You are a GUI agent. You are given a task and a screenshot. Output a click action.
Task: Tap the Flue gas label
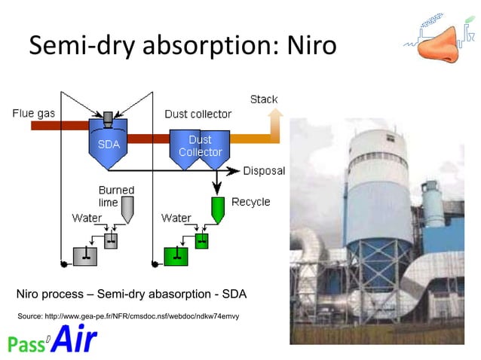(x=32, y=114)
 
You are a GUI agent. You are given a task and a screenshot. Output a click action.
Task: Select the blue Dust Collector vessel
(x=199, y=148)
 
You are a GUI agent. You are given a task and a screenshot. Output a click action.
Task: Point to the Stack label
(x=263, y=99)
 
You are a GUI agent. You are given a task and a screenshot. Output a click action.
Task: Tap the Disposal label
(x=263, y=171)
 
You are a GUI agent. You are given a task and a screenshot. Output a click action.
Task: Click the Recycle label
(x=250, y=202)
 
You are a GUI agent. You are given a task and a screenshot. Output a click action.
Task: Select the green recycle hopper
(x=217, y=207)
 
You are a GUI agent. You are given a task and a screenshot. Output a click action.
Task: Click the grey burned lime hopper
(x=127, y=208)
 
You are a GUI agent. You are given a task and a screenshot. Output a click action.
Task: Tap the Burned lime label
(x=116, y=197)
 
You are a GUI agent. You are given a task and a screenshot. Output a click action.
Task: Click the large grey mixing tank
(x=87, y=256)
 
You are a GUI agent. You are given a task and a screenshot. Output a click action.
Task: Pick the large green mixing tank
(x=178, y=256)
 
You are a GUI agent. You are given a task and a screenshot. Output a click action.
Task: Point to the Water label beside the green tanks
(x=176, y=218)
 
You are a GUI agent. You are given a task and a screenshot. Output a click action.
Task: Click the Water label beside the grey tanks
(x=87, y=218)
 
